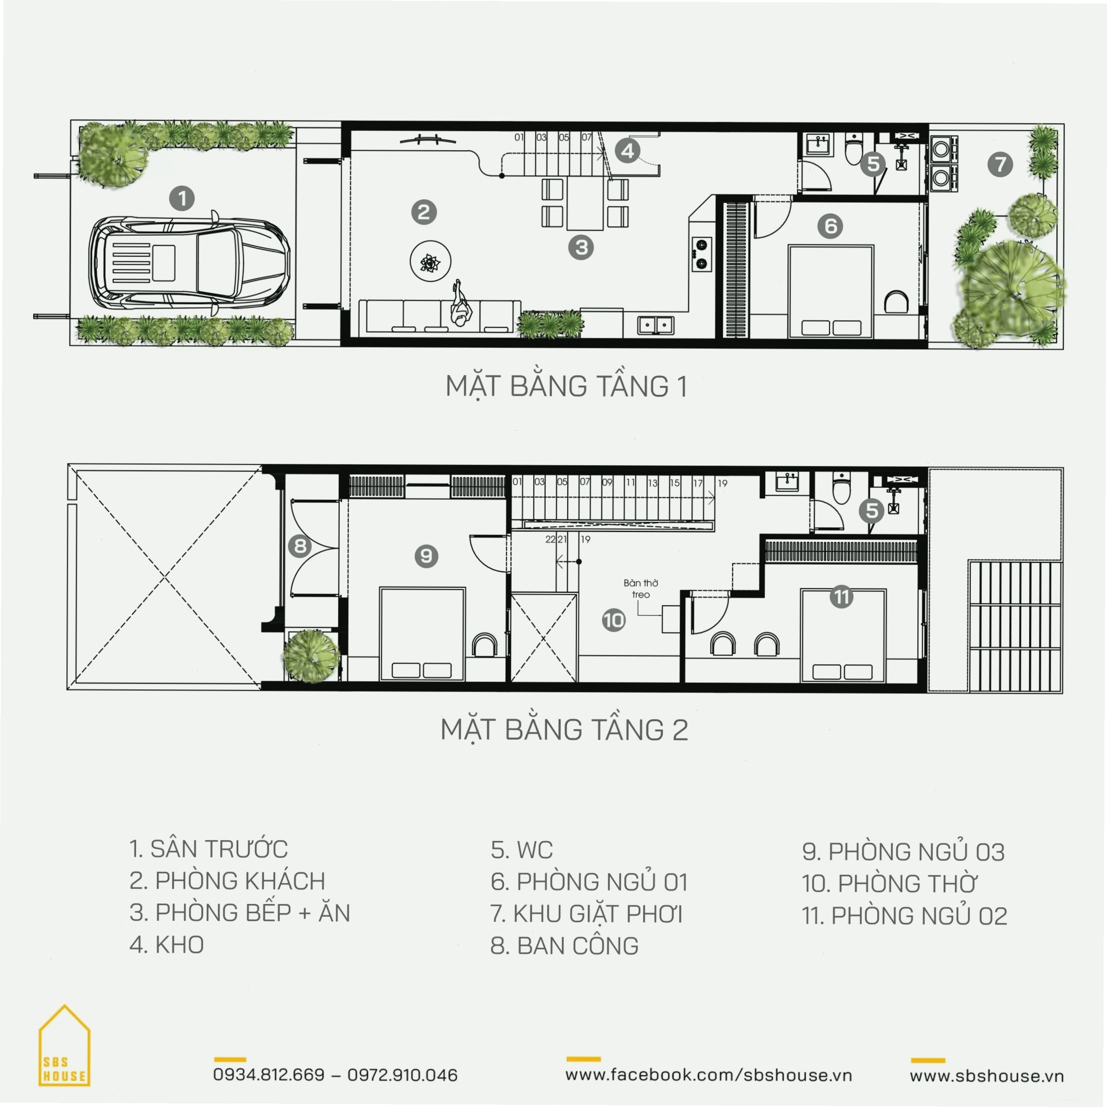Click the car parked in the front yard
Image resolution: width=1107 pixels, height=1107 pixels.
pyautogui.click(x=189, y=262)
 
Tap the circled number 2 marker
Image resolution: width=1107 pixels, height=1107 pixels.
pyautogui.click(x=424, y=212)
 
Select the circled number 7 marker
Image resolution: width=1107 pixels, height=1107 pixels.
pyautogui.click(x=1000, y=164)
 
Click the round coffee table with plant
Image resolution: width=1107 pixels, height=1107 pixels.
pyautogui.click(x=430, y=261)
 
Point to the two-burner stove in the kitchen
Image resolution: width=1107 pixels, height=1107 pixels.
pyautogui.click(x=702, y=254)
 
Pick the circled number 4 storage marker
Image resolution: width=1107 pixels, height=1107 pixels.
pyautogui.click(x=628, y=151)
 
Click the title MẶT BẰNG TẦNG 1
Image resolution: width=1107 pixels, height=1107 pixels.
pyautogui.click(x=566, y=386)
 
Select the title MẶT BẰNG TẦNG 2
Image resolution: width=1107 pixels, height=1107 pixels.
pyautogui.click(x=564, y=730)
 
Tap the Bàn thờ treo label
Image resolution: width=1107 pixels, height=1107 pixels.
pyautogui.click(x=641, y=589)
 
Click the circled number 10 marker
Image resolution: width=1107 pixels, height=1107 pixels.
pyautogui.click(x=613, y=620)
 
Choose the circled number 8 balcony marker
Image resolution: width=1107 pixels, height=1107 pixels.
pyautogui.click(x=300, y=546)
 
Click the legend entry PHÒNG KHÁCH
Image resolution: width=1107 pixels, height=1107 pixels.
pyautogui.click(x=240, y=881)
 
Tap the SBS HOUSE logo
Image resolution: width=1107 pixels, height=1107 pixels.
pyautogui.click(x=64, y=1045)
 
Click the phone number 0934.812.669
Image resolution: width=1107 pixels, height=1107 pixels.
pyautogui.click(x=269, y=1075)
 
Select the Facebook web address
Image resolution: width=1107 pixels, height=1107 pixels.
pyautogui.click(x=708, y=1075)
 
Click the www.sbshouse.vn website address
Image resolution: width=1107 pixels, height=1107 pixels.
pyautogui.click(x=986, y=1076)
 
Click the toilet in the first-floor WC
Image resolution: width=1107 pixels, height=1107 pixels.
pyautogui.click(x=853, y=148)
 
